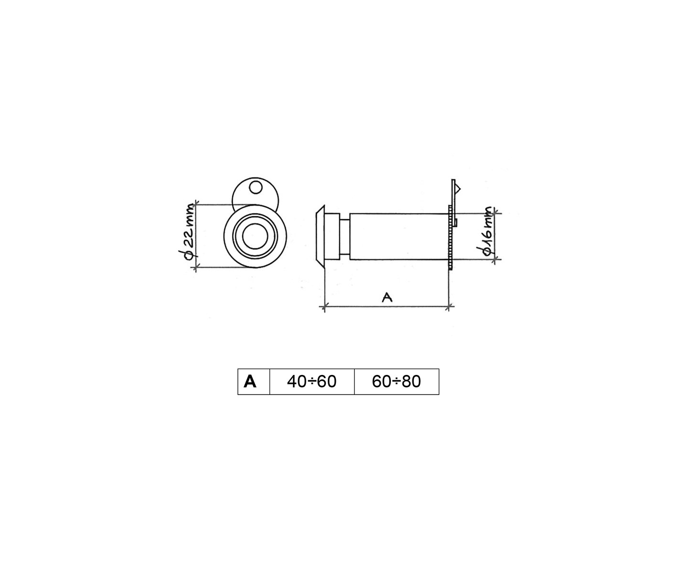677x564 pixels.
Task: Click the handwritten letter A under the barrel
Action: (x=387, y=297)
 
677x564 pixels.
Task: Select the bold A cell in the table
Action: (x=250, y=382)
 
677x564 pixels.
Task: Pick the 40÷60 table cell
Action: (x=312, y=382)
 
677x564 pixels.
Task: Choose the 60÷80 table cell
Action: (x=397, y=382)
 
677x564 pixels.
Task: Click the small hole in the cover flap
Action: (x=256, y=187)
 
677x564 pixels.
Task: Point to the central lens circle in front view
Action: (x=255, y=236)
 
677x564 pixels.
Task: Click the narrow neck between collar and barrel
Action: (x=344, y=236)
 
